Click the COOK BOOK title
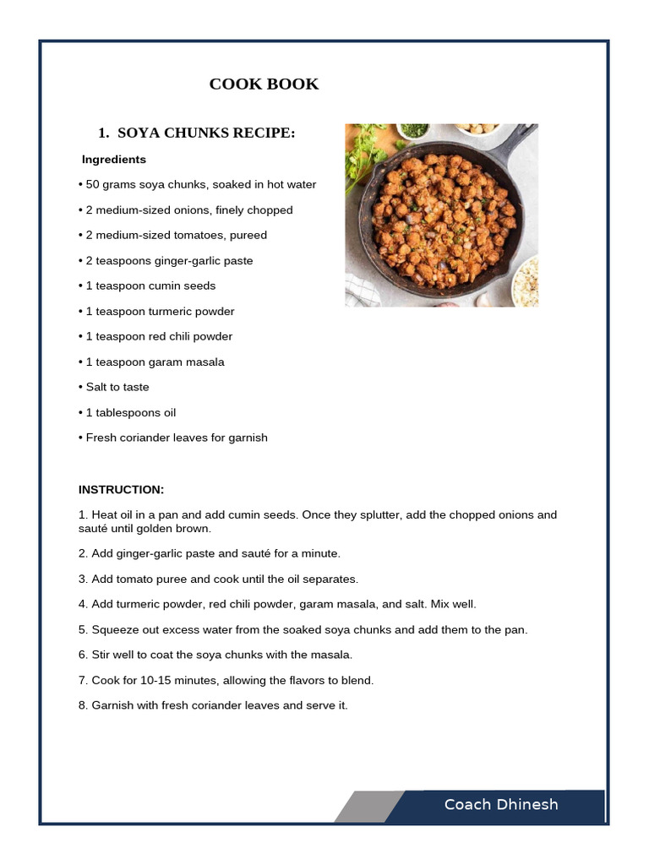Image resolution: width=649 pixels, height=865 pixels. coord(264,84)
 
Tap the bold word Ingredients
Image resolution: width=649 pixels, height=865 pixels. coord(114,160)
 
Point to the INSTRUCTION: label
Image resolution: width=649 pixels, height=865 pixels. coord(121,490)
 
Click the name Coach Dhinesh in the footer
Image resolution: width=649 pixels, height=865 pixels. coord(501,804)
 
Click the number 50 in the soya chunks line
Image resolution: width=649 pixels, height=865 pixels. coord(93,184)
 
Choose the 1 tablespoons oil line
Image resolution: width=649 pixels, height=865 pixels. coord(128,412)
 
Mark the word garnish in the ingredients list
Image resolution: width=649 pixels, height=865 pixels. coord(248,438)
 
